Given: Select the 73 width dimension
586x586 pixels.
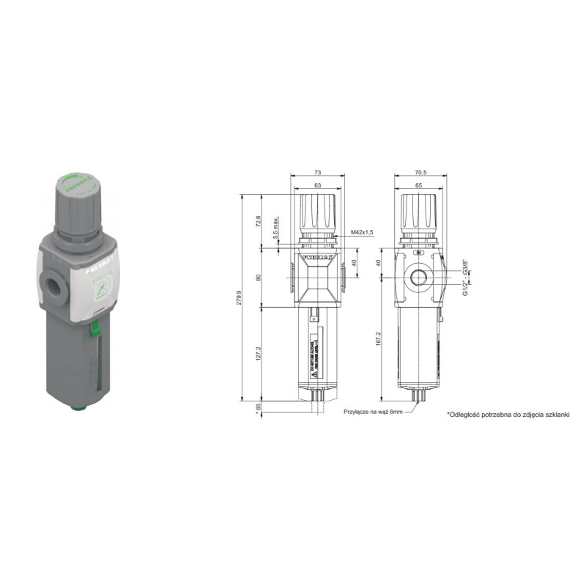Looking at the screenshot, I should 317,172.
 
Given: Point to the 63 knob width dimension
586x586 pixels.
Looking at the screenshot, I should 317,186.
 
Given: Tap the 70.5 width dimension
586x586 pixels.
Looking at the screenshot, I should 421,172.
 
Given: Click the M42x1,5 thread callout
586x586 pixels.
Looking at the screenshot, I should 362,232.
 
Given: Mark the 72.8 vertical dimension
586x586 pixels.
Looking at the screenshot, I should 259,220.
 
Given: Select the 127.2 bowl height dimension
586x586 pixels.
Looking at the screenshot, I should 259,355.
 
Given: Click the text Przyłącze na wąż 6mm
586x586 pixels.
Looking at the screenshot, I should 374,412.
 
